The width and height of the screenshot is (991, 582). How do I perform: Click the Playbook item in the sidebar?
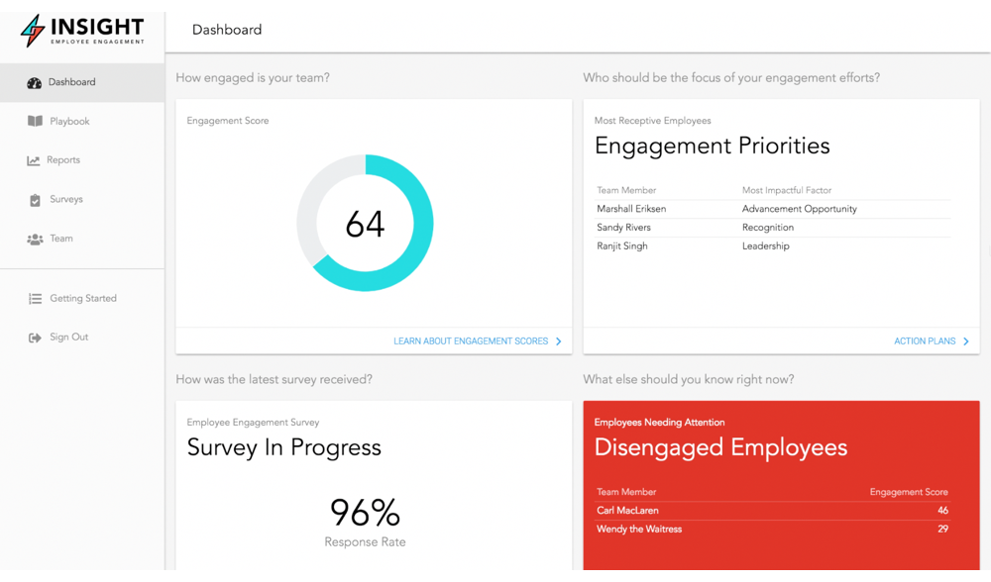[x=68, y=122]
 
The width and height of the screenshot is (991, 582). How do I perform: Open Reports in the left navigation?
[x=62, y=160]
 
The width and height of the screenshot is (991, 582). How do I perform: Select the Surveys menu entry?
[x=65, y=200]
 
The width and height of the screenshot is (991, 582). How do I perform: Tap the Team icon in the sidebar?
[x=35, y=240]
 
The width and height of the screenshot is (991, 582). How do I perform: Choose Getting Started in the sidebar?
[x=82, y=299]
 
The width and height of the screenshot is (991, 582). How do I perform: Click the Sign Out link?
[x=68, y=338]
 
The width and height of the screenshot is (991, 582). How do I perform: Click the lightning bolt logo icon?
[x=34, y=30]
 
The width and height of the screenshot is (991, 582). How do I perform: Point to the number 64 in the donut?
[x=365, y=225]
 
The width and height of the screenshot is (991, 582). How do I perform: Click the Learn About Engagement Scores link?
[x=471, y=341]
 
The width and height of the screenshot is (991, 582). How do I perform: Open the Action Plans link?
[x=925, y=341]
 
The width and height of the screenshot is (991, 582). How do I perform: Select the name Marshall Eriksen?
[x=631, y=210]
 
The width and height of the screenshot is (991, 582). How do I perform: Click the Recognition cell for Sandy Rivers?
[x=768, y=228]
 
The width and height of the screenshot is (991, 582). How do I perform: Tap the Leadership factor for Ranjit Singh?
[x=766, y=246]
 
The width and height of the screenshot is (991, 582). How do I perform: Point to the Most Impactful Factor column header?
[x=787, y=190]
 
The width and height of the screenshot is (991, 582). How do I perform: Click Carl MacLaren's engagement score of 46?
[x=942, y=511]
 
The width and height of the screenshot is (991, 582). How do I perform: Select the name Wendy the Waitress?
[x=639, y=530]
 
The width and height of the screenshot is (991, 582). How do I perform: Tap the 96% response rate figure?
[x=365, y=513]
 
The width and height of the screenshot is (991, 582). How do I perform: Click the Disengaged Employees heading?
[x=720, y=448]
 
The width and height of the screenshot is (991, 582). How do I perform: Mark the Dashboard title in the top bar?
[x=227, y=30]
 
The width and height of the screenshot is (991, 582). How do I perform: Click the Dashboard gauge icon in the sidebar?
[x=35, y=83]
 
